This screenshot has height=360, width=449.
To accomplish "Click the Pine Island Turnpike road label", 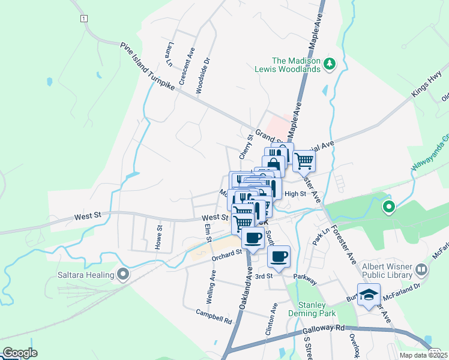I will point(147,67).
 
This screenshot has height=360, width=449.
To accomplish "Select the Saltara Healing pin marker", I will point(124,275).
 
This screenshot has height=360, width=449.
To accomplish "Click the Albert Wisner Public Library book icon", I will point(422,270).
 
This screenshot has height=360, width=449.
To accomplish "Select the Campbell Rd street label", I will point(214,316).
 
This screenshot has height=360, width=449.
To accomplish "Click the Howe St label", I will point(159,237).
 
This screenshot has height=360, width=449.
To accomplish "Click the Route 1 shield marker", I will point(83,19).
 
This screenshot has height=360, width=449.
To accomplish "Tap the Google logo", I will point(20,353).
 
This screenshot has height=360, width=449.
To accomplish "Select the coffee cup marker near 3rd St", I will point(279,257).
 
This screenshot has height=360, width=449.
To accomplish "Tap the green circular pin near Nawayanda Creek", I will point(389,208).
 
